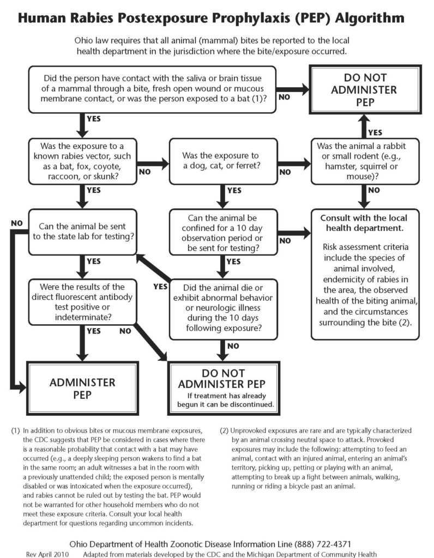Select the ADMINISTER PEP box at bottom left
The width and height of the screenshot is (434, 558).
pyautogui.click(x=82, y=388)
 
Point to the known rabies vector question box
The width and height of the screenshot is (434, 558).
pyautogui.click(x=82, y=161)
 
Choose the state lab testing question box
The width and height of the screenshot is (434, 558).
pyautogui.click(x=82, y=231)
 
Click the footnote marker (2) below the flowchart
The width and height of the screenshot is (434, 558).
pyautogui.click(x=225, y=430)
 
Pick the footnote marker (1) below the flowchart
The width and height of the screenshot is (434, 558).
pyautogui.click(x=15, y=430)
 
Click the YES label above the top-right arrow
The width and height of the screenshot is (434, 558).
pyautogui.click(x=375, y=132)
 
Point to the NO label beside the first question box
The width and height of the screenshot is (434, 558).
pyautogui.click(x=285, y=97)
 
